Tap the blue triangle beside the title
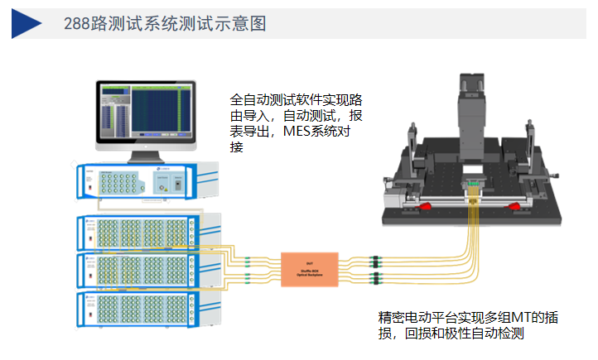pos(27,23)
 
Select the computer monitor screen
pos(142,111)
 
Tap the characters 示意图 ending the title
pos(247,24)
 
